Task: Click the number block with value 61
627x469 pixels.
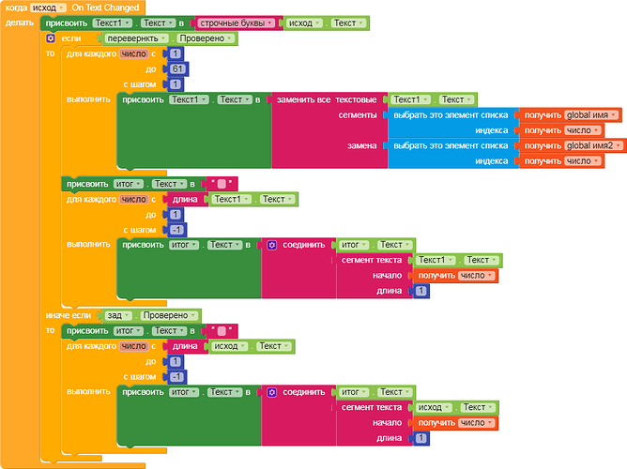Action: click(176, 68)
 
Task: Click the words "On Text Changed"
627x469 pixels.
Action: click(106, 8)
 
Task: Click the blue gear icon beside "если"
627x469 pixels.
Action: click(51, 39)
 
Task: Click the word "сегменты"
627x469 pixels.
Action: click(357, 115)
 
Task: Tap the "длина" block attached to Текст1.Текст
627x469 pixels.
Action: click(186, 199)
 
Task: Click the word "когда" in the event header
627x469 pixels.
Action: click(16, 8)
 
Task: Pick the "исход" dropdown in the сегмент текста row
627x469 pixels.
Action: click(433, 407)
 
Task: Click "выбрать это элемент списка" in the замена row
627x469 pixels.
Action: click(451, 145)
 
